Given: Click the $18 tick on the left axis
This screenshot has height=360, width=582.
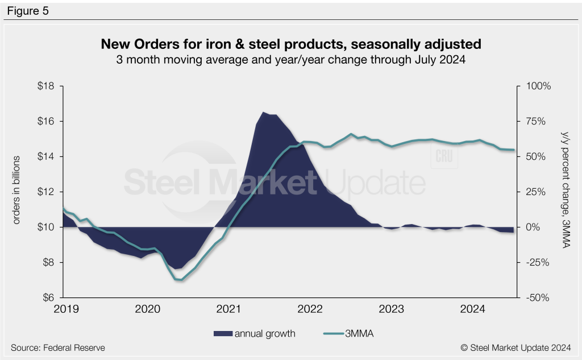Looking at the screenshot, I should tap(47, 86).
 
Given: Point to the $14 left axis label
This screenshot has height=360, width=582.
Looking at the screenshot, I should tap(47, 156).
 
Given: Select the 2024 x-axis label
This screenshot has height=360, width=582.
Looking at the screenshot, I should tap(472, 309).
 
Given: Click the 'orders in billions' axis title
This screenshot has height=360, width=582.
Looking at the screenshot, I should tap(16, 189).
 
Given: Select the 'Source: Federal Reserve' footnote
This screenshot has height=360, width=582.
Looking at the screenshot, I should tap(58, 347).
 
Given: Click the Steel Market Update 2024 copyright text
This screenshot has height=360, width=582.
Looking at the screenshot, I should tap(516, 347).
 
